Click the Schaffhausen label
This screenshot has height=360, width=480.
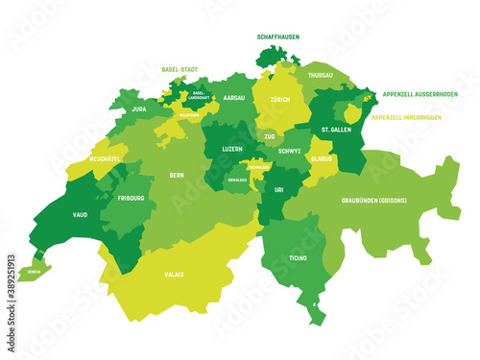coord(278,36)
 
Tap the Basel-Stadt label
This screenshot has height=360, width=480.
coord(180,70)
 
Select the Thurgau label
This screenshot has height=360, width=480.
coord(322,74)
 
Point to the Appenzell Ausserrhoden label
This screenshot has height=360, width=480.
coord(420,95)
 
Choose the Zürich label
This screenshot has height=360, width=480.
coord(282,100)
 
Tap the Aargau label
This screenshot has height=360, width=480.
coord(234,99)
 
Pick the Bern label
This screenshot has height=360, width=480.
coord(176,176)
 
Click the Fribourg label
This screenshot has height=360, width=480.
coord(132,199)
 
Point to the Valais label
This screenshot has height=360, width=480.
coord(174,275)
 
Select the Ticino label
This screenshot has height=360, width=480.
coord(298,258)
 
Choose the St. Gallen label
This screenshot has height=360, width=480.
coord(337,130)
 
